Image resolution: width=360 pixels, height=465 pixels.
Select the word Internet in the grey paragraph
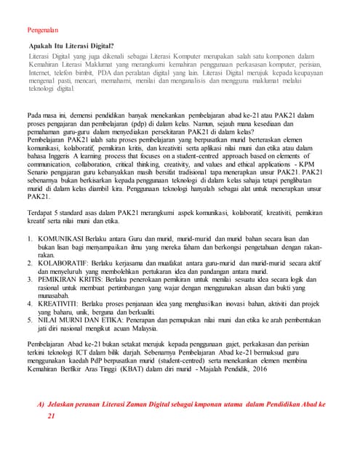41,73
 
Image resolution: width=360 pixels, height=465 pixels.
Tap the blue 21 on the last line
52,416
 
